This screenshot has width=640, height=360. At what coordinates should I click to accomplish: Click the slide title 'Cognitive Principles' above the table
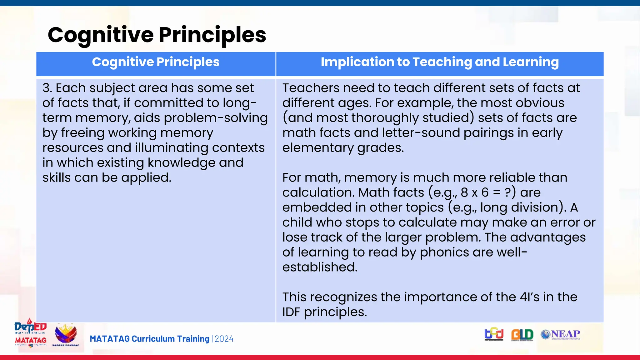click(x=157, y=35)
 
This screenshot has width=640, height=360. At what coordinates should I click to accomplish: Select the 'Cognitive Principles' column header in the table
click(x=156, y=62)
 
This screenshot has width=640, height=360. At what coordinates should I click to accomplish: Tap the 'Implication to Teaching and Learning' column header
click(x=440, y=62)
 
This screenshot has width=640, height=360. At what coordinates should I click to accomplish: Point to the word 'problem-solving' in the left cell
click(x=216, y=118)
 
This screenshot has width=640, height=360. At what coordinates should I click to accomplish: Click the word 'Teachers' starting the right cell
click(x=311, y=88)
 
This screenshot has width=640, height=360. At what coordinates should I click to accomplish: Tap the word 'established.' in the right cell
click(x=320, y=267)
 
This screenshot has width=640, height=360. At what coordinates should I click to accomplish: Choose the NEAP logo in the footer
click(x=561, y=335)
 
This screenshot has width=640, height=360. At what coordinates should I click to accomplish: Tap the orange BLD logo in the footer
click(x=522, y=335)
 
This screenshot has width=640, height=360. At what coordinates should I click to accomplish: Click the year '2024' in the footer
click(x=224, y=339)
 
